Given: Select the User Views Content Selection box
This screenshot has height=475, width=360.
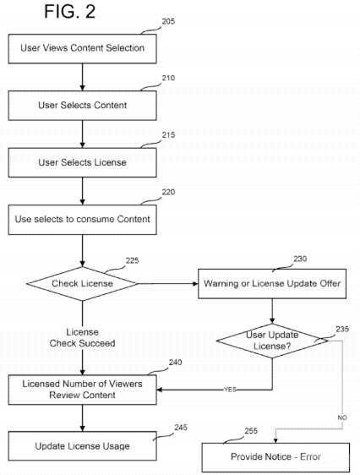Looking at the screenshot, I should pyautogui.click(x=83, y=48).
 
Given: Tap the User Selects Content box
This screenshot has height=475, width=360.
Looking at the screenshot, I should pyautogui.click(x=83, y=105).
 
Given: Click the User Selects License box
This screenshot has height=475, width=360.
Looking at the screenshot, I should pyautogui.click(x=83, y=161).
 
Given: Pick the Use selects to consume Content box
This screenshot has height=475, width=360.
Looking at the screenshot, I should pyautogui.click(x=83, y=219).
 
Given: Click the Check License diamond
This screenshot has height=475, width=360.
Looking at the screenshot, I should pyautogui.click(x=82, y=283).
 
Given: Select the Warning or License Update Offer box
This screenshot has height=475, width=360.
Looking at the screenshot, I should pyautogui.click(x=272, y=283).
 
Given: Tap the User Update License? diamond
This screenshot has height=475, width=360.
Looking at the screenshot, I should pyautogui.click(x=272, y=341).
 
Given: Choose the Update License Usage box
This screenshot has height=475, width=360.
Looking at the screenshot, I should pyautogui.click(x=83, y=445).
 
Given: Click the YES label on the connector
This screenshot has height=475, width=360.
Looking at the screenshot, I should pyautogui.click(x=229, y=390).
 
